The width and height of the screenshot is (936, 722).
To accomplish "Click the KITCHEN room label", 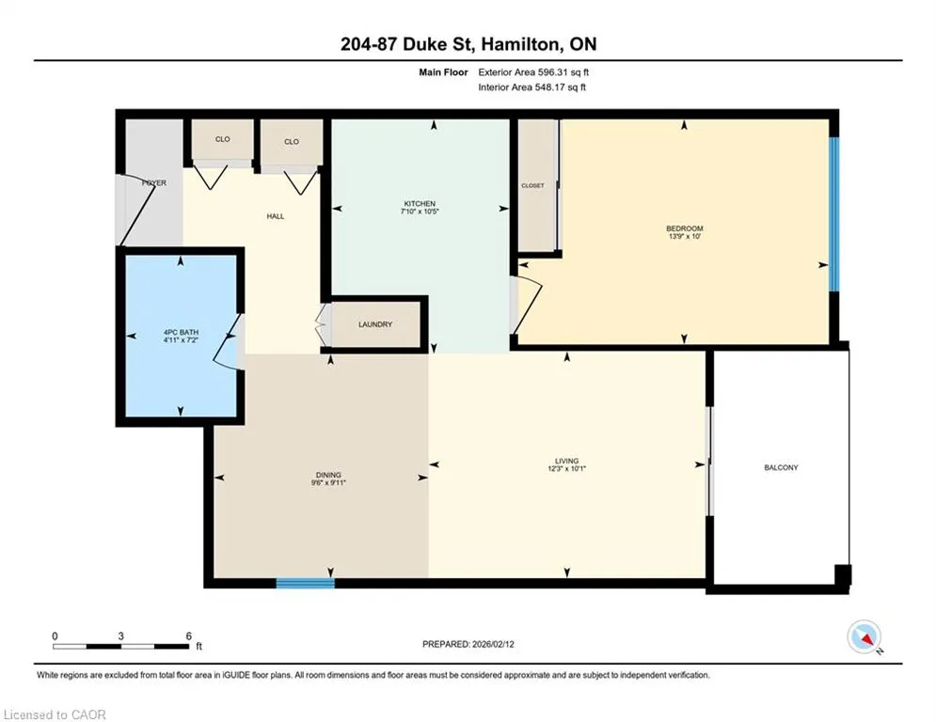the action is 419,203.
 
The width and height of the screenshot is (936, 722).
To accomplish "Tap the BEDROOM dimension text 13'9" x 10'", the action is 685,236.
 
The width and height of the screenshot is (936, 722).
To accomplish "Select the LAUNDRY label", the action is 375,324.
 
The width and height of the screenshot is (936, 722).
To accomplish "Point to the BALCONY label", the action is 781,468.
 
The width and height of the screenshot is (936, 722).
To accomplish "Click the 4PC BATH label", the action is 181,333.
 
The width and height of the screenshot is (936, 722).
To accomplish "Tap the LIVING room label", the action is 566,461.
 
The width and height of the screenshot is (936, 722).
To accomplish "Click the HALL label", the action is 276,216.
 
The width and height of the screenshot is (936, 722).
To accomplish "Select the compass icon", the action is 865,637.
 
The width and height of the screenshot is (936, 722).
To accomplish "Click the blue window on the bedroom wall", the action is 833,214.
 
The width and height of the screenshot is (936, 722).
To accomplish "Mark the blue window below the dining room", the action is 305,583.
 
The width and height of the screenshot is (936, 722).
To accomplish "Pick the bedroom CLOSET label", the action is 532,185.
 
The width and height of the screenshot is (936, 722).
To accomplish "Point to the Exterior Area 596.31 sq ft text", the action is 533,72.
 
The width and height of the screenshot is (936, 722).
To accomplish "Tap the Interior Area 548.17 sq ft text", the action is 531,87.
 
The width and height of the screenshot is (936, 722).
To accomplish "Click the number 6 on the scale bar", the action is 189,636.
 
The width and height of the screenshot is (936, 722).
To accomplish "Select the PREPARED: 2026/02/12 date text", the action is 468,644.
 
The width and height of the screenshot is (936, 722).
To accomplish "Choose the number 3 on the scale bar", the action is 120,636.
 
